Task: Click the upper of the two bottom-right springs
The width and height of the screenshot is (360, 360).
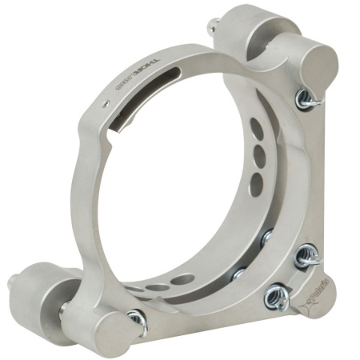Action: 306,258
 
